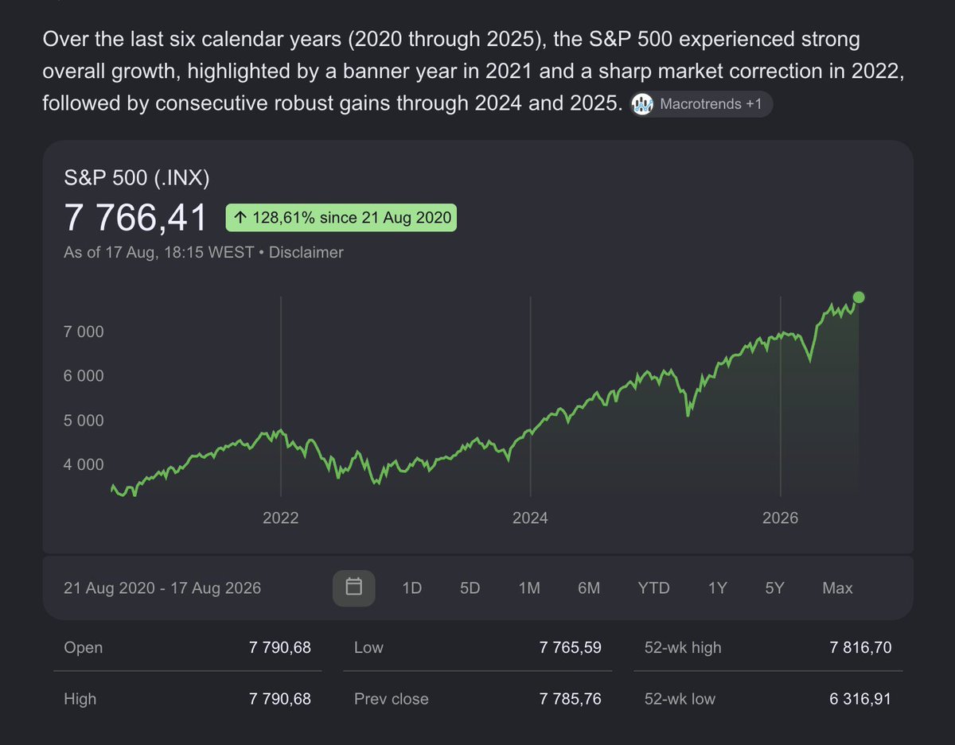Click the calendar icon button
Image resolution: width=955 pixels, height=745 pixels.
pyautogui.click(x=354, y=588)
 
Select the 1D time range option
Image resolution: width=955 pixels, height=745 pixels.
pyautogui.click(x=411, y=588)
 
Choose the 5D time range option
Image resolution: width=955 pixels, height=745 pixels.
pyautogui.click(x=470, y=588)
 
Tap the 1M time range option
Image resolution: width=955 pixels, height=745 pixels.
pyautogui.click(x=529, y=588)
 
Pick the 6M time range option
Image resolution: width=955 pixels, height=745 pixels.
pyautogui.click(x=589, y=588)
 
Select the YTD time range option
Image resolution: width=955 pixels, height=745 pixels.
pyautogui.click(x=654, y=588)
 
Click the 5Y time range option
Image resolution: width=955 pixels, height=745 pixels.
pyautogui.click(x=774, y=588)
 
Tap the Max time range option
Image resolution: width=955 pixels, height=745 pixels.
pyautogui.click(x=837, y=588)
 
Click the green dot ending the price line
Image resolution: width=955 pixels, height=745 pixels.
pyautogui.click(x=859, y=297)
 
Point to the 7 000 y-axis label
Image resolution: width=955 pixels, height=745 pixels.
pyautogui.click(x=84, y=332)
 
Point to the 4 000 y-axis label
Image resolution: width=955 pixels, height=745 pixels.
pyautogui.click(x=84, y=464)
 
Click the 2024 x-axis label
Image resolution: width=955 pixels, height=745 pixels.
pyautogui.click(x=530, y=518)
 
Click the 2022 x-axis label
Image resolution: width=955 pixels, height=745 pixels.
pyautogui.click(x=280, y=518)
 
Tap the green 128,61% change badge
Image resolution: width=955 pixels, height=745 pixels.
pyautogui.click(x=341, y=218)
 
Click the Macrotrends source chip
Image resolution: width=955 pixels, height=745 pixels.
pyautogui.click(x=701, y=104)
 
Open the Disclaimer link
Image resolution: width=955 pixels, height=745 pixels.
pyautogui.click(x=306, y=252)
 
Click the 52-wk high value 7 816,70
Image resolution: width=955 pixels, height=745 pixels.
pyautogui.click(x=860, y=647)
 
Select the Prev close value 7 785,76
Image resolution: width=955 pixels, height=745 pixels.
pyautogui.click(x=570, y=699)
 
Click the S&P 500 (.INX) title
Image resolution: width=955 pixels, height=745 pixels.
pyautogui.click(x=137, y=178)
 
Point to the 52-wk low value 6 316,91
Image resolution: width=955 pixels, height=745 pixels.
pyautogui.click(x=860, y=699)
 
